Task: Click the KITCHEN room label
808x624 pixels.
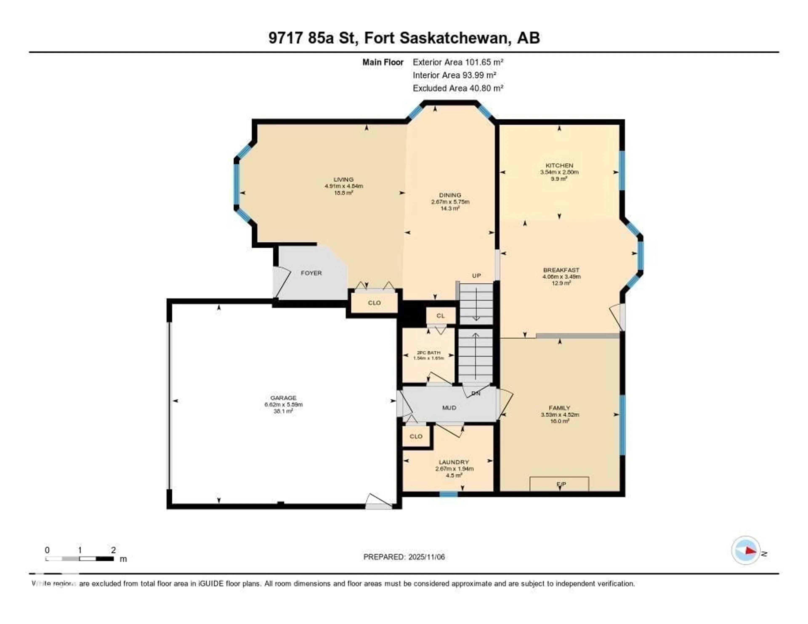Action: click(x=559, y=165)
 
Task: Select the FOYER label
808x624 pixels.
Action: click(x=311, y=273)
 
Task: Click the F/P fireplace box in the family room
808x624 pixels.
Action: click(x=559, y=484)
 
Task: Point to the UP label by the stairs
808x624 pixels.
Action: click(x=476, y=276)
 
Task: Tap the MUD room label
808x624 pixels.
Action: click(x=449, y=408)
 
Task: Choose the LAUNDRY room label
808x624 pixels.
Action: click(x=454, y=462)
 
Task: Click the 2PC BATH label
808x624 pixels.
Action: click(x=428, y=353)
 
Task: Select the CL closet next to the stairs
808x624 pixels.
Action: click(x=440, y=316)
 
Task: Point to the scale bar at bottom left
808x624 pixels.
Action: click(x=80, y=559)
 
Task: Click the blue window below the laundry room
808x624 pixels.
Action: click(x=448, y=494)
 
